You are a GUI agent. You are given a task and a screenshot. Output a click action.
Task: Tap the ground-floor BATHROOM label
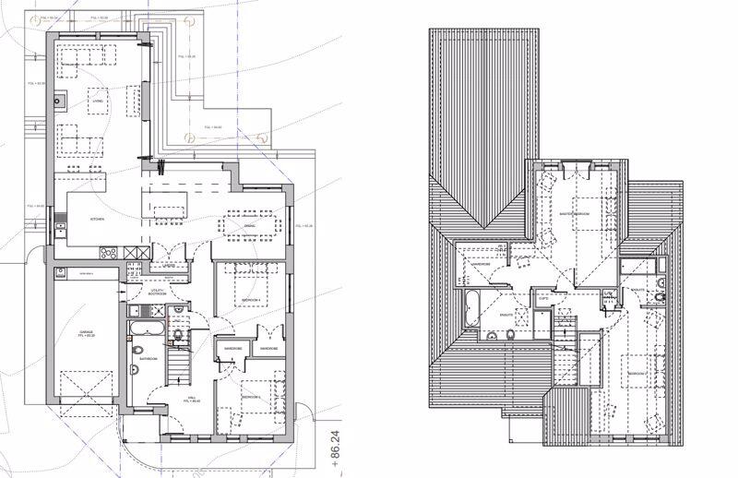click(x=149, y=358)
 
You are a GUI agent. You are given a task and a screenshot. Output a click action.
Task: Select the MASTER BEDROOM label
click(x=575, y=213)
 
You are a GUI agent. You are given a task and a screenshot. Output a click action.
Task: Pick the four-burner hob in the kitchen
click(x=106, y=251)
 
